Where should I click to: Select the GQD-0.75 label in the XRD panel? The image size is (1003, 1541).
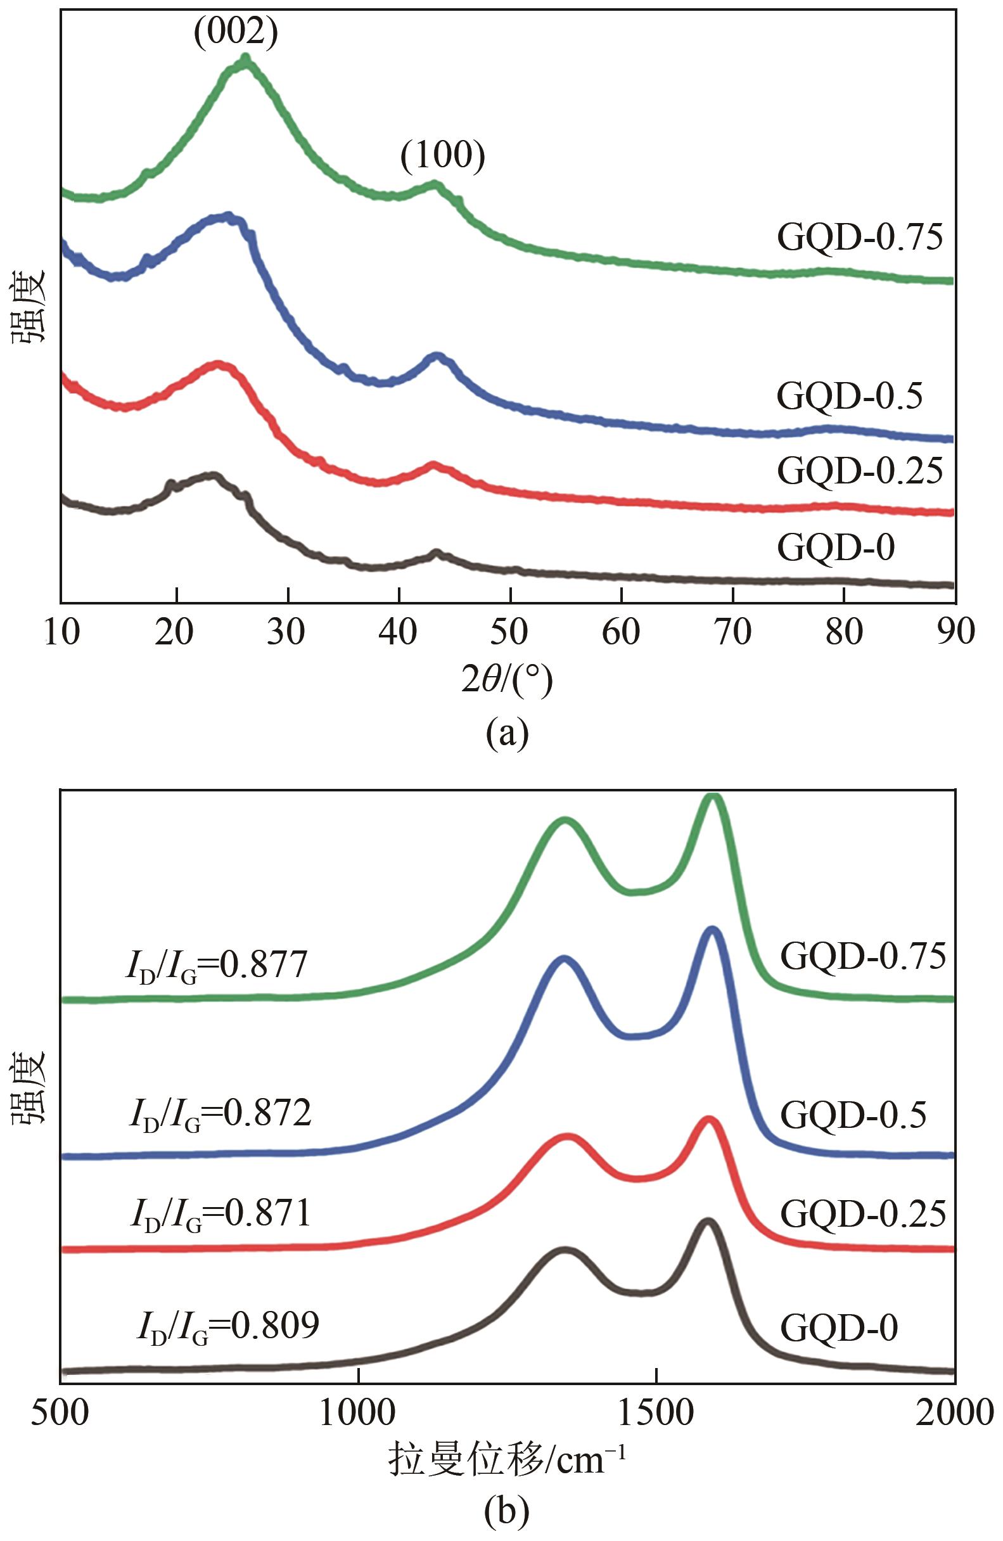[x=859, y=237]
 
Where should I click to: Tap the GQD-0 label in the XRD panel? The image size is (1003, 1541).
[x=836, y=547]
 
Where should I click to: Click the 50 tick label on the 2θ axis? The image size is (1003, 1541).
[x=509, y=631]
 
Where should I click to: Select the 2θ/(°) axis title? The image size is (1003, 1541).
[x=507, y=680]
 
